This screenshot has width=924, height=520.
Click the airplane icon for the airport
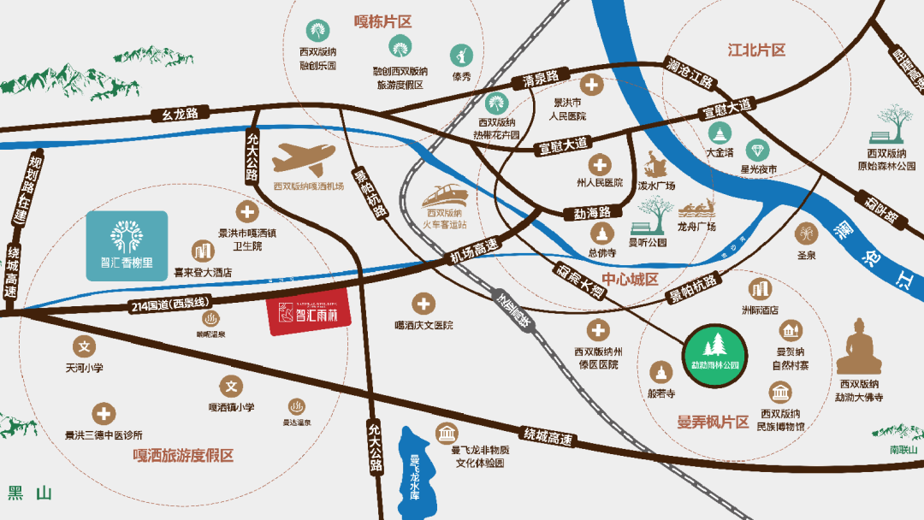[x=304, y=159]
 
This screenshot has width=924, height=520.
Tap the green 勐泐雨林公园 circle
[x=714, y=351]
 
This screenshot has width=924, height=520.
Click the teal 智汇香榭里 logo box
[x=127, y=246]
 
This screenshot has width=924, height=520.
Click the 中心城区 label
[x=629, y=280]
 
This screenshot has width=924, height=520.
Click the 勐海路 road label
[x=586, y=211]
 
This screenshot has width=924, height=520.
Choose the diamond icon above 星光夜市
[x=757, y=151]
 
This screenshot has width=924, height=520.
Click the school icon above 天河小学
[x=85, y=347]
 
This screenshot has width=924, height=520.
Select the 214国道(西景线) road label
[x=172, y=304]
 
